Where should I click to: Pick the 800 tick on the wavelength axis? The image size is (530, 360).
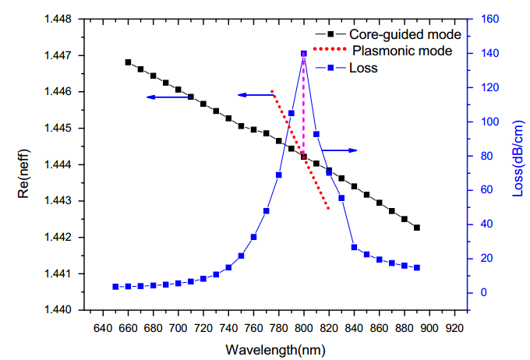304,328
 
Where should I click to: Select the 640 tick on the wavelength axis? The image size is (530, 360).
103,328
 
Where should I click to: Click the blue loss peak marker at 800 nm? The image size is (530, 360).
304,54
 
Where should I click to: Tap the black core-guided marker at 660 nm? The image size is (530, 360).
128,62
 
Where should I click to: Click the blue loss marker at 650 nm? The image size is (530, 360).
115,287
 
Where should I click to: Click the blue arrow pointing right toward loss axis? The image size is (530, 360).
340,150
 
